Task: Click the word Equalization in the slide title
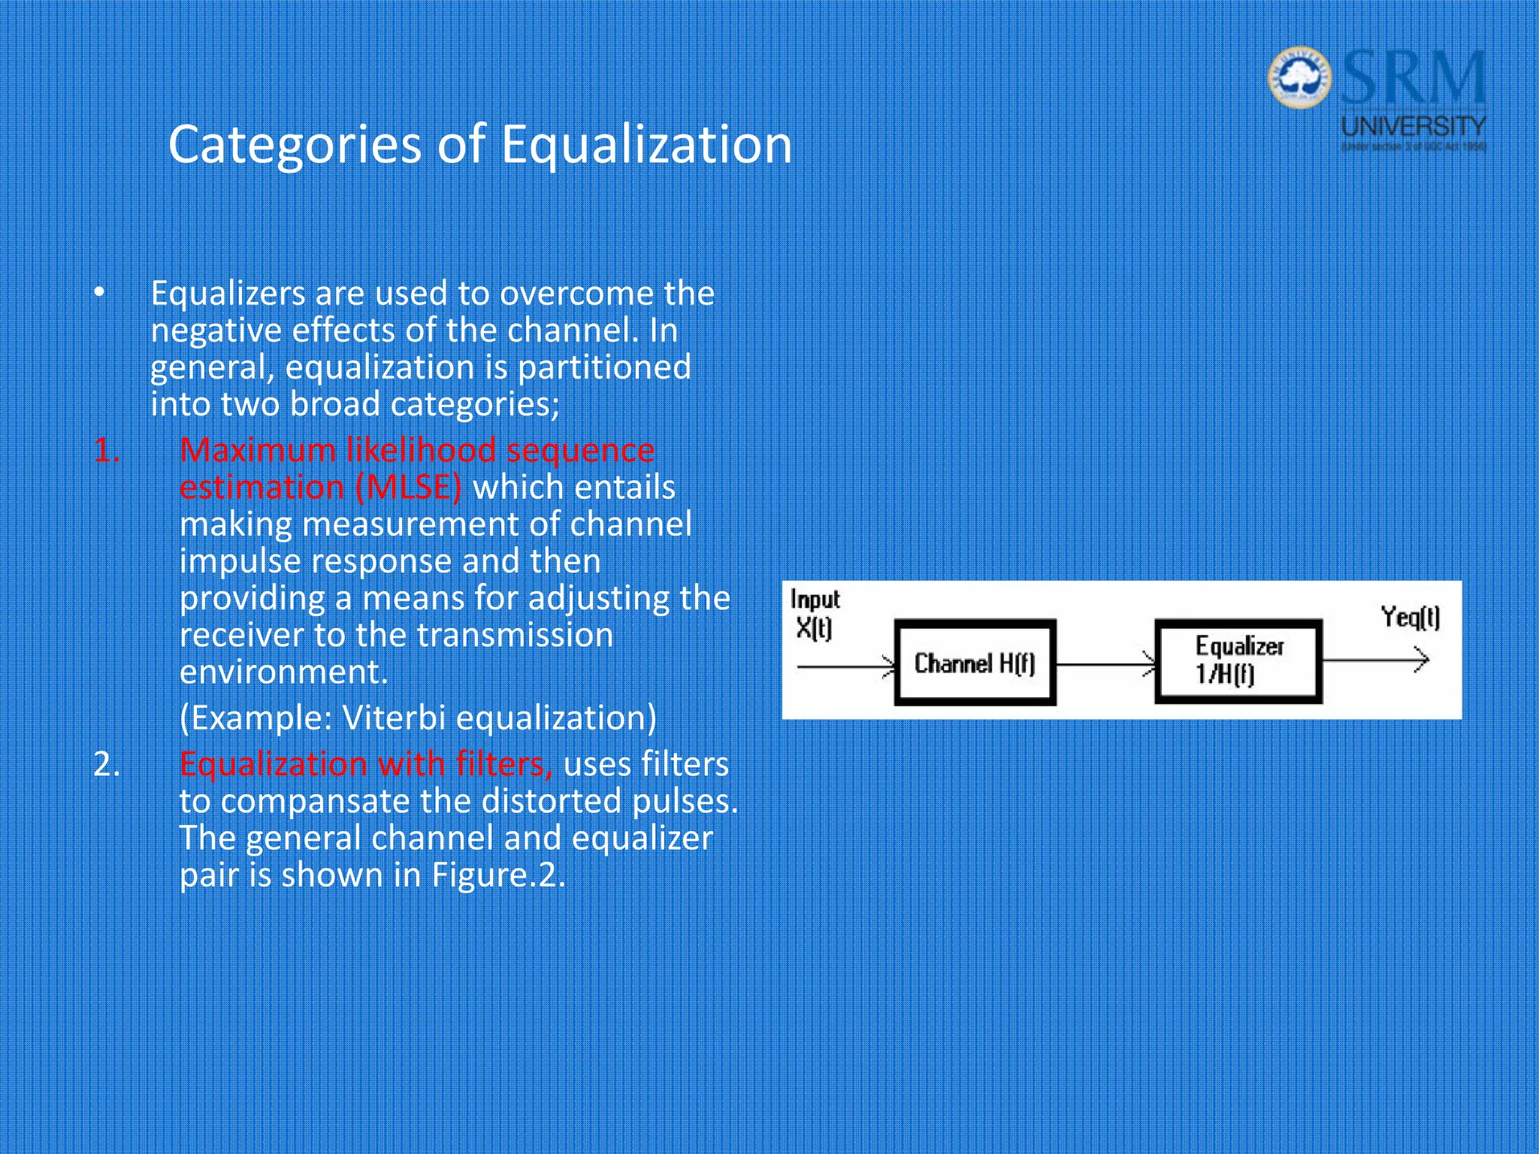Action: point(646,144)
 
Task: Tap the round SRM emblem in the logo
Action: point(1299,77)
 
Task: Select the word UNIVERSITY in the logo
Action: point(1414,125)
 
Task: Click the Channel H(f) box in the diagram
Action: point(975,663)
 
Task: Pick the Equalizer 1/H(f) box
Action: point(1238,661)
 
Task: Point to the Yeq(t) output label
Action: point(1410,618)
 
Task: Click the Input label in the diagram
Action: point(815,600)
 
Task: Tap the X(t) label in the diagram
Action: point(813,628)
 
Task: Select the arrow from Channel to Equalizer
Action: point(1105,664)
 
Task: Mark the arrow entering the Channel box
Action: point(845,666)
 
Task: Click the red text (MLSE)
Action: point(408,488)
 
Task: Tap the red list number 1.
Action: point(106,451)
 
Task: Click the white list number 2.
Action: point(106,764)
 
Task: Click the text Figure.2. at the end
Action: point(497,875)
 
